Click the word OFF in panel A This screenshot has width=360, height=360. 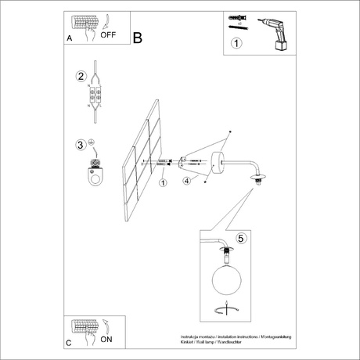tap(110, 35)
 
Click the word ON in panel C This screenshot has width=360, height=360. tap(108, 339)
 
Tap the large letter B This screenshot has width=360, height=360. tap(139, 37)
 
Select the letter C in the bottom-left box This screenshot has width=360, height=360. tap(69, 342)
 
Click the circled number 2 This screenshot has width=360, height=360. tap(81, 77)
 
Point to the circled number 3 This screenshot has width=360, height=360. tap(81, 145)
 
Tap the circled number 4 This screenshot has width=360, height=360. tap(187, 182)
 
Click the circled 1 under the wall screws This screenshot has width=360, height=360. tap(163, 183)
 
